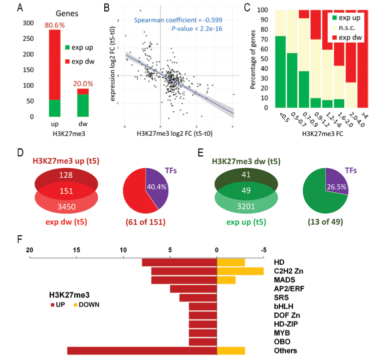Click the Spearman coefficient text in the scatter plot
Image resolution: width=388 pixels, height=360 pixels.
coord(178,21)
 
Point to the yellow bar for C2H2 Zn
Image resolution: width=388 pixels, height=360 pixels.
coord(240,271)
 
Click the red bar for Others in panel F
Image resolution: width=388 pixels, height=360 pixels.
coord(142,350)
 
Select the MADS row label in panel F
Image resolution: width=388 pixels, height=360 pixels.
coord(284,280)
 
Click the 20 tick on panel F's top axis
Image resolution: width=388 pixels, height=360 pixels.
coord(30,249)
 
